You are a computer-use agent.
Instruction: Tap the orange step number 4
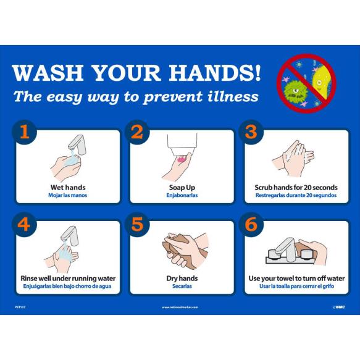click(x=23, y=224)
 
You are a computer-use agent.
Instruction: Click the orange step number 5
click(x=137, y=224)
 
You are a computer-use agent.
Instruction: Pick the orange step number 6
click(x=251, y=224)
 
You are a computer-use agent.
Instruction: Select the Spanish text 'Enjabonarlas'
click(x=182, y=196)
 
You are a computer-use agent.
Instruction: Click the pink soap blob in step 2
click(x=180, y=159)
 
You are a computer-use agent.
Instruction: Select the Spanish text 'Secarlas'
click(x=182, y=287)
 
